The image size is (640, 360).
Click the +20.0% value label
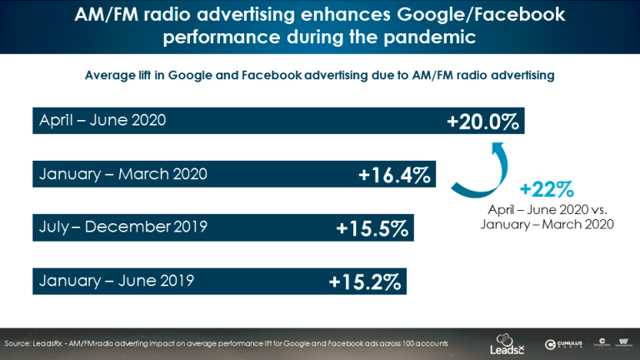pyautogui.click(x=482, y=122)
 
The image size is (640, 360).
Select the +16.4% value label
pyautogui.click(x=394, y=175)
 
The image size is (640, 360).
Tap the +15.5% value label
pyautogui.click(x=372, y=228)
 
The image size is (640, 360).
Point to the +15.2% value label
pyautogui.click(x=364, y=282)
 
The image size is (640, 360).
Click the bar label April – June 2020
pyautogui.click(x=103, y=120)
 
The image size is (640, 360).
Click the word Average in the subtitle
pyautogui.click(x=111, y=75)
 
